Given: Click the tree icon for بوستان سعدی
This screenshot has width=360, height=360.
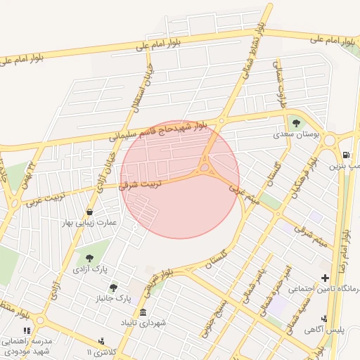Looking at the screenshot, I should click(295, 123).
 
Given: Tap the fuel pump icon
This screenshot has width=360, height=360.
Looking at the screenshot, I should click(345, 155).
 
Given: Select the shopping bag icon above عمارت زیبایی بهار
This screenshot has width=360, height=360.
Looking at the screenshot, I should click(89, 212).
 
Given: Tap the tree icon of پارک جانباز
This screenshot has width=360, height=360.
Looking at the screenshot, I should click(113, 287).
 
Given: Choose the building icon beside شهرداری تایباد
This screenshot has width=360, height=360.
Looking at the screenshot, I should click(143, 313).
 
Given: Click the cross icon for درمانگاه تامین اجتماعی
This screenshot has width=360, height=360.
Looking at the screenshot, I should click(324, 279).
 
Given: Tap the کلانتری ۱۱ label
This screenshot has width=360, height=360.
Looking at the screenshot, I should click(98, 351).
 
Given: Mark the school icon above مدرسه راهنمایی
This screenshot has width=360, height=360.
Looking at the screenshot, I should click(27, 330).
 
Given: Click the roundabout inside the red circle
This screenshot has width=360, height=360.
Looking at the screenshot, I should click(205, 167).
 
